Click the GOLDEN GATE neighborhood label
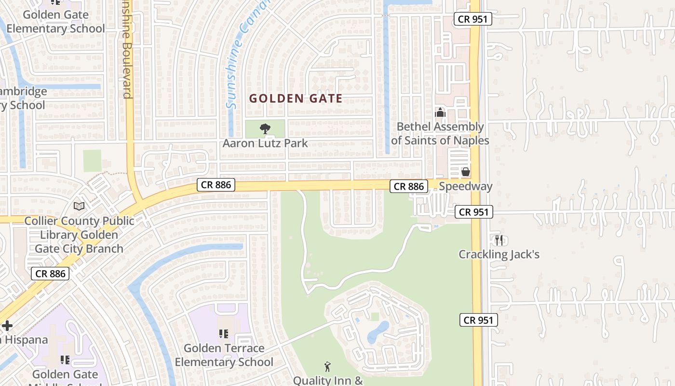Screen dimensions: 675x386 point(296,99)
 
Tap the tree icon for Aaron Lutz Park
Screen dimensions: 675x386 point(265,129)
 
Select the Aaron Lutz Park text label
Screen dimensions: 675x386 point(265,143)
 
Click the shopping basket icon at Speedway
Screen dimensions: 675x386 point(465,172)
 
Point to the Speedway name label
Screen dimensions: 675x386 point(465,186)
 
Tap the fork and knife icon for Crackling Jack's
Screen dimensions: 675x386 point(499,240)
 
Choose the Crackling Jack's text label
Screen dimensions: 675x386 point(499,254)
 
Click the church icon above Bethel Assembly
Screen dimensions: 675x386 point(440,113)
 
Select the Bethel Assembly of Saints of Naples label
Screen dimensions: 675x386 point(440,134)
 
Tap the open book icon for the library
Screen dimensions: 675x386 point(79,207)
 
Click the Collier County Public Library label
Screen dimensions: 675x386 point(80,235)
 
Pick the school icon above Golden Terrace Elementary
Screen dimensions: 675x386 point(223,333)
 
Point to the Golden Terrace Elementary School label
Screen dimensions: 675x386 point(224,355)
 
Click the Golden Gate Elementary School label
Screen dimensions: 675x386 point(55,22)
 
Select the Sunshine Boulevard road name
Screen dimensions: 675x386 point(127,48)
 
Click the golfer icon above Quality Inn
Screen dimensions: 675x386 point(328,367)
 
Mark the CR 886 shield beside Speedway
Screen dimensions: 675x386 point(409,186)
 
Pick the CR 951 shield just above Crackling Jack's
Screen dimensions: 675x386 point(474,212)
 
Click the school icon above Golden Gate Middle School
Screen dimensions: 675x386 point(65,360)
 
